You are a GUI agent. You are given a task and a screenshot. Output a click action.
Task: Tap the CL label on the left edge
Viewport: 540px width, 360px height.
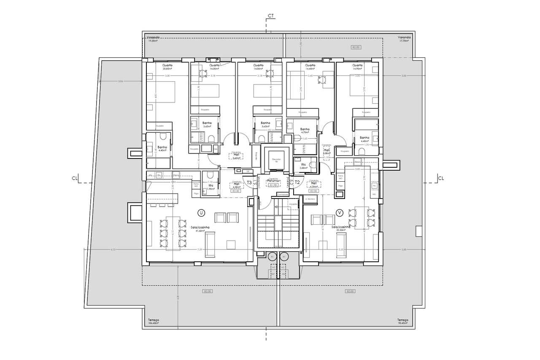(x=75, y=178)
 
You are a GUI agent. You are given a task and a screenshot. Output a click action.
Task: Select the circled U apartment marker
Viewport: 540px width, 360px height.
(x=201, y=213)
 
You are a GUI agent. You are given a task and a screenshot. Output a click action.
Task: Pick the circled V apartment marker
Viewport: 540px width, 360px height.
(x=339, y=213)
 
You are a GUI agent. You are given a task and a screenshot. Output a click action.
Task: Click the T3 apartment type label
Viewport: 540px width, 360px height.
(x=249, y=183)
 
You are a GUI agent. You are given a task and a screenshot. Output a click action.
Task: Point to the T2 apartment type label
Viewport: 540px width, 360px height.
(x=297, y=183)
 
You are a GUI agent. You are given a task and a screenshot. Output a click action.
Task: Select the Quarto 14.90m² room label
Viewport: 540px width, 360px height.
(x=357, y=67)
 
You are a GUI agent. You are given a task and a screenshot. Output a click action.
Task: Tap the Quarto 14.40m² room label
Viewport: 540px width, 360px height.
(x=310, y=67)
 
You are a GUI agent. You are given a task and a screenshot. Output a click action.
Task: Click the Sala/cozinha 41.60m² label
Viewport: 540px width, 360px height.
(x=200, y=229)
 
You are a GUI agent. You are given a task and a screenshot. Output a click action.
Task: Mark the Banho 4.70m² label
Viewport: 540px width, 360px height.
(x=305, y=131)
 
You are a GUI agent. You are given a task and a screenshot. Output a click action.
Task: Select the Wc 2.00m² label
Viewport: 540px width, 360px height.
(x=303, y=166)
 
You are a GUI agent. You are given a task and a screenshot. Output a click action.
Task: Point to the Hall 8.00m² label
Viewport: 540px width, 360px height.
(x=326, y=151)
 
